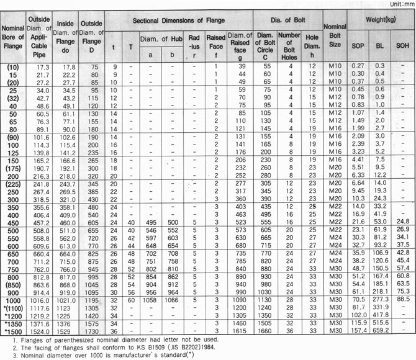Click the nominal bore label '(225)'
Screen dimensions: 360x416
[x=14, y=184]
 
